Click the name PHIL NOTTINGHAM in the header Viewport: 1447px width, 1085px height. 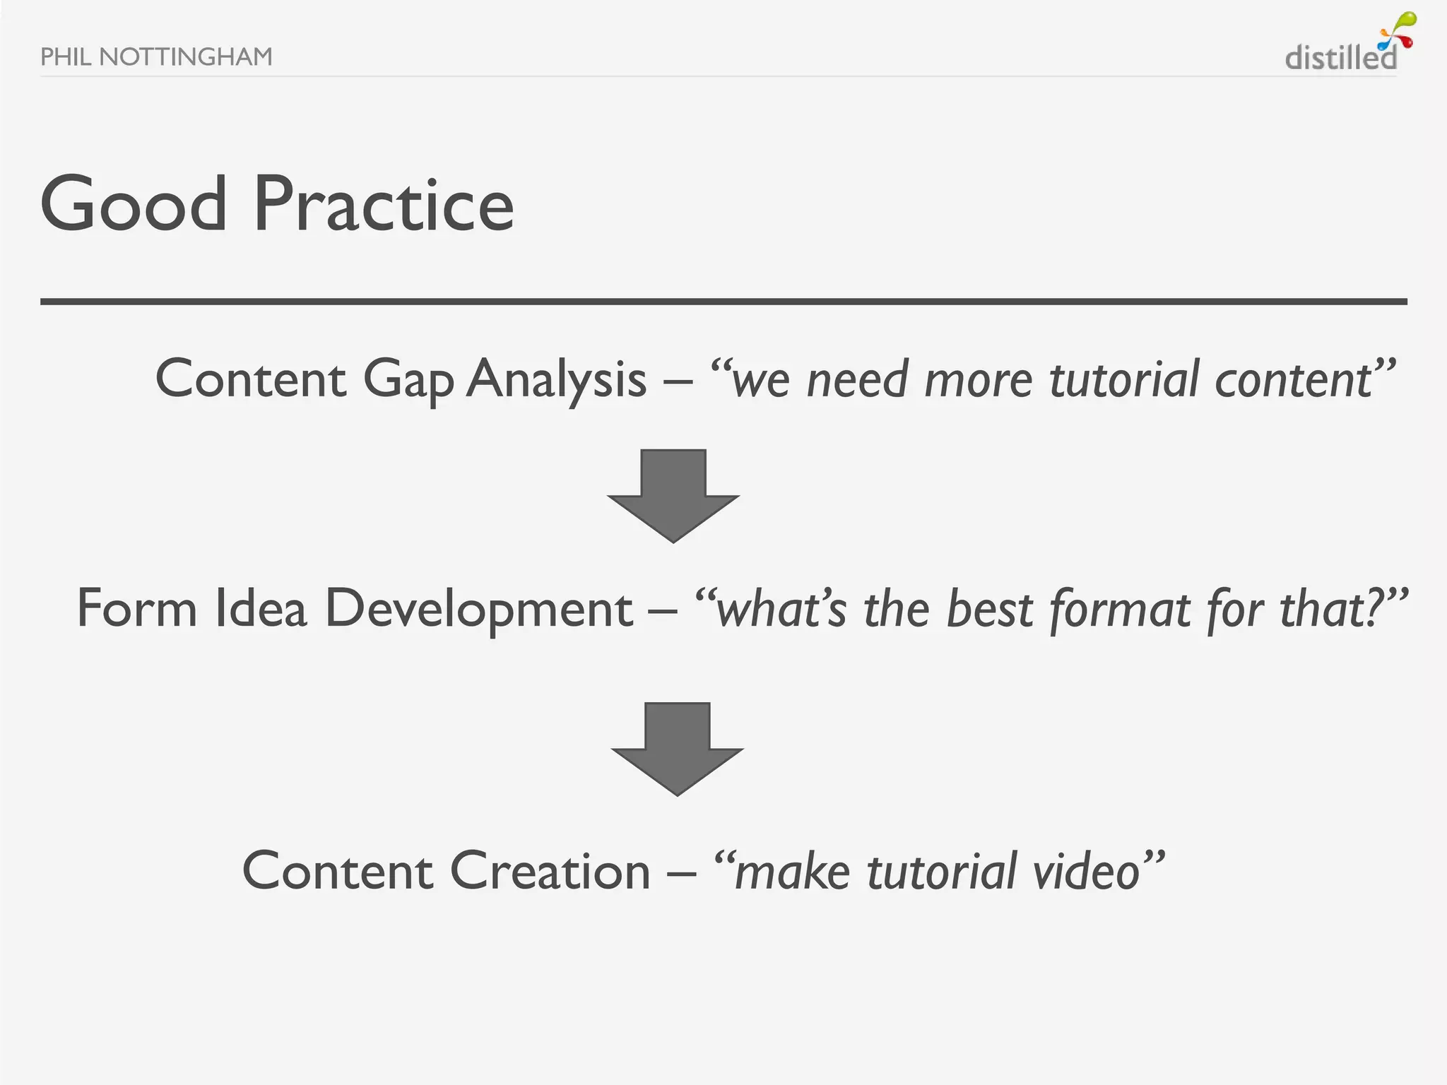pyautogui.click(x=156, y=57)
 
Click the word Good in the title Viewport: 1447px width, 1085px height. pyautogui.click(x=134, y=205)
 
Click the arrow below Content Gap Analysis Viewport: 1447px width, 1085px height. pyautogui.click(x=673, y=494)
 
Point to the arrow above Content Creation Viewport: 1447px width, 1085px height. pyautogui.click(x=677, y=747)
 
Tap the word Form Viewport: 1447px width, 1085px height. pyautogui.click(x=136, y=609)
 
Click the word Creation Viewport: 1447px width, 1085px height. pyautogui.click(x=550, y=871)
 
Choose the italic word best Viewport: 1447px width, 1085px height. pyautogui.click(x=990, y=609)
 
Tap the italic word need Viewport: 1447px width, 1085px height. pyautogui.click(x=856, y=380)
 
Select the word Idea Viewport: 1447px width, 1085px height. pyautogui.click(x=261, y=609)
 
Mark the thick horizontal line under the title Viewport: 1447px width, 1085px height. pyautogui.click(x=723, y=302)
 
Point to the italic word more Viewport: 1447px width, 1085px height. pyautogui.click(x=978, y=380)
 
